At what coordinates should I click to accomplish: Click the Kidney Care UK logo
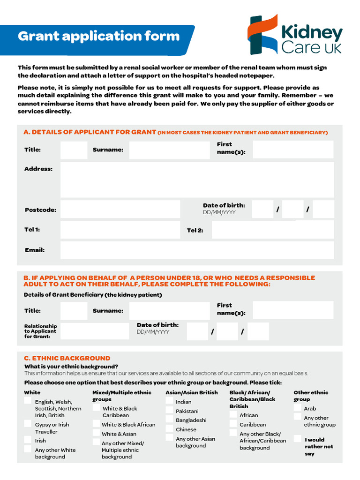(295, 35)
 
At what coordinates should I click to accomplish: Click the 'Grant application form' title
(98, 36)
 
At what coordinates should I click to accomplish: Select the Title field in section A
(74, 150)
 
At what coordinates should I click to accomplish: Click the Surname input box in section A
(169, 150)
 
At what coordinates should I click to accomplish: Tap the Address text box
(197, 180)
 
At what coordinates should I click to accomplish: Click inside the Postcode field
(120, 210)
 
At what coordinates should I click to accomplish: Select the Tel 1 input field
(120, 230)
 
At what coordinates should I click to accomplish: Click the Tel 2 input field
(272, 230)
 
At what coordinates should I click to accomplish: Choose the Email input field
(197, 250)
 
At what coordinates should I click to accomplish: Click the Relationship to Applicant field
(95, 331)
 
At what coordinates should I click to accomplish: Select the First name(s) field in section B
(293, 310)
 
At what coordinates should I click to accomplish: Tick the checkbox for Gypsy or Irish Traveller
(28, 424)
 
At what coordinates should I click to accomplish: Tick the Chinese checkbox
(169, 429)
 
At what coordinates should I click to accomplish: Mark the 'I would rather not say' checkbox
(298, 439)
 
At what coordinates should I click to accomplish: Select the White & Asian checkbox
(96, 433)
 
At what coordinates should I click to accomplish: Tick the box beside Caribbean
(233, 424)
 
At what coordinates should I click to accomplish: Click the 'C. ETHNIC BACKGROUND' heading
(67, 358)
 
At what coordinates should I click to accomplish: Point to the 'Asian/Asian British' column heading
(191, 392)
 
